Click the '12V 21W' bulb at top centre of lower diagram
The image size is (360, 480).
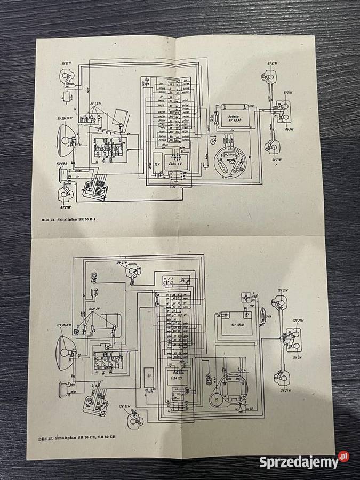131,273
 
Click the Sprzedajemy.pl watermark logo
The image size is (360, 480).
305,461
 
